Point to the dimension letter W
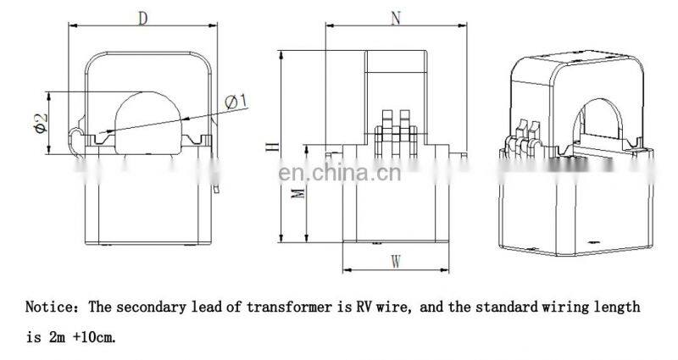click(395, 262)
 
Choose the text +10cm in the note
click(92, 336)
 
